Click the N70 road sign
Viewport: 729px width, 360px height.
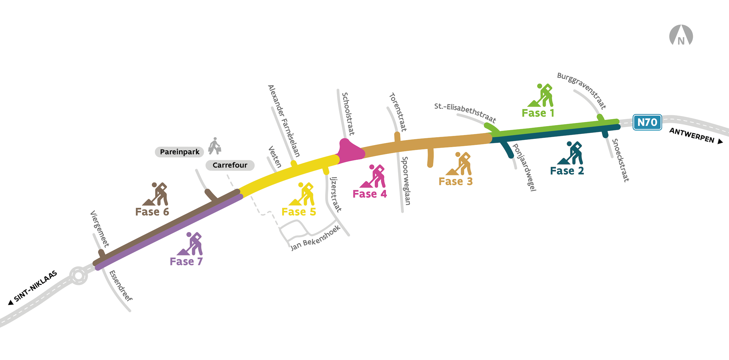click(647, 122)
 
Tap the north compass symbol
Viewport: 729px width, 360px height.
click(681, 35)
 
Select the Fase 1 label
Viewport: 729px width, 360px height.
click(538, 113)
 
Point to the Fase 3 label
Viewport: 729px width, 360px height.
click(455, 181)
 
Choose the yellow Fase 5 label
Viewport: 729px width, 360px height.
click(299, 212)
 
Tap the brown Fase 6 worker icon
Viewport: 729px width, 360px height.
click(155, 194)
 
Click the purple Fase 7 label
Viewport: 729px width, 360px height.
click(186, 262)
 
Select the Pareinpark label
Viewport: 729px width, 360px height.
click(180, 152)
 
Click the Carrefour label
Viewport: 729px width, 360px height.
click(230, 165)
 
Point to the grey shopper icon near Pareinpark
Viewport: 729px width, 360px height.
click(215, 146)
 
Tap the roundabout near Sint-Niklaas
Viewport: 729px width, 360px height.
click(78, 275)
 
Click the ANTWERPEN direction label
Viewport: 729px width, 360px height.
click(692, 136)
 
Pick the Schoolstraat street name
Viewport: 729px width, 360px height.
click(348, 114)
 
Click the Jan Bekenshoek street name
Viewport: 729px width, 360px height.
click(315, 238)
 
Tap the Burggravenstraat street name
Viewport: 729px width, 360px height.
click(581, 91)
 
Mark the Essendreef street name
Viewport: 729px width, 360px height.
click(121, 286)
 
